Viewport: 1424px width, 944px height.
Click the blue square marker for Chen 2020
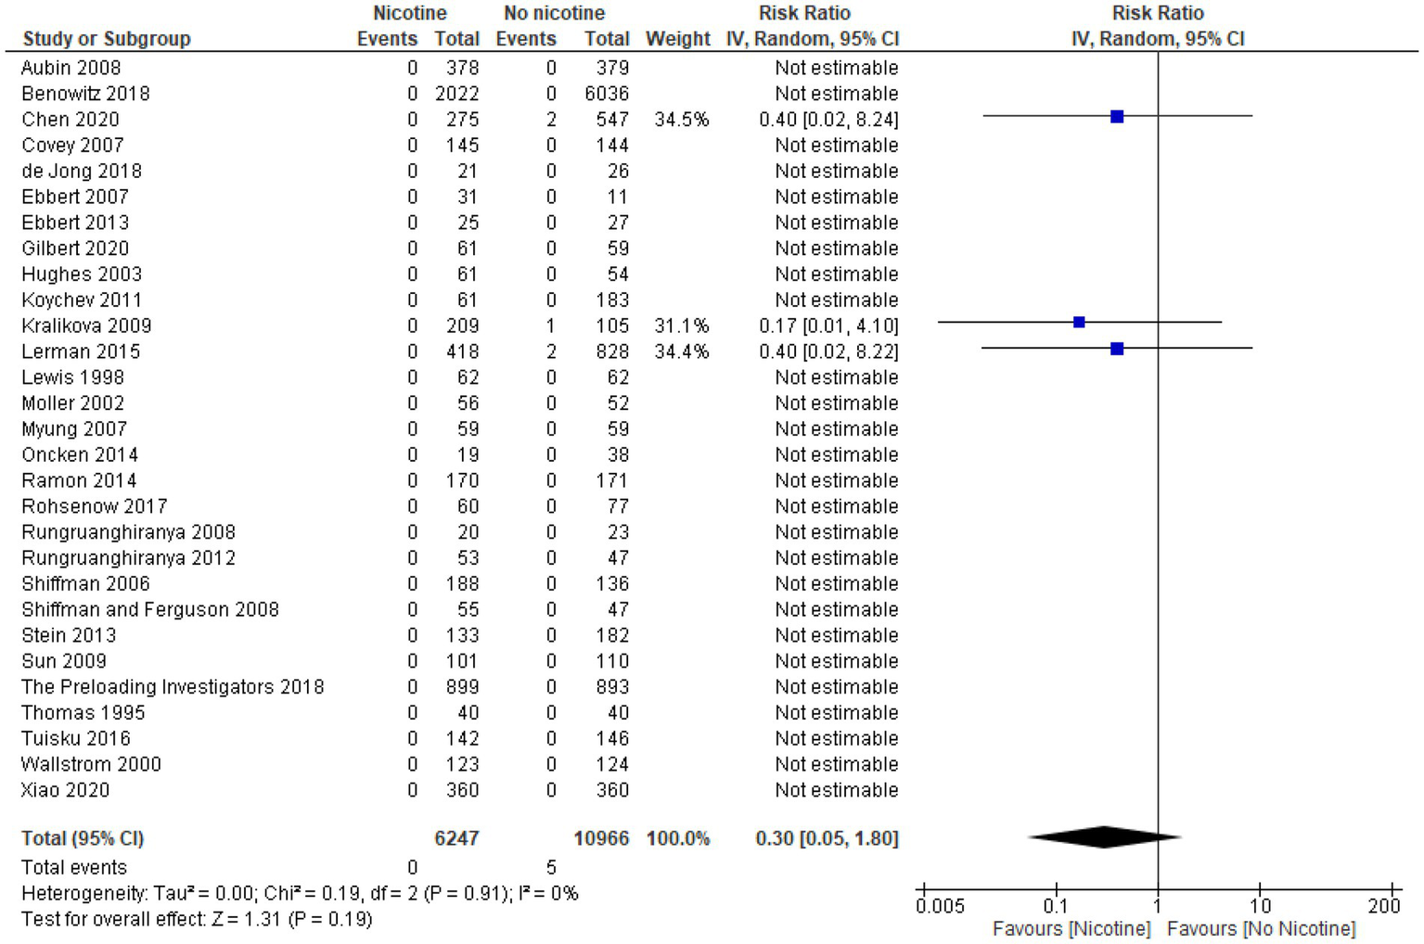pos(1117,117)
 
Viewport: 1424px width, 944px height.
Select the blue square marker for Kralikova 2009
pos(1079,323)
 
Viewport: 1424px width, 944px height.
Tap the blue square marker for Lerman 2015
pos(1117,349)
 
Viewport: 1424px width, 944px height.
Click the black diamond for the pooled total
pos(1104,837)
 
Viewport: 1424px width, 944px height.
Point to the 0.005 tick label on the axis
pos(940,906)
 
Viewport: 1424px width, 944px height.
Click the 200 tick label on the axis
pos(1384,906)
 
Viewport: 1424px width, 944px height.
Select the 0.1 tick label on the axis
pos(1056,906)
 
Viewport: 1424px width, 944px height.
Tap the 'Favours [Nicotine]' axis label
pos(1071,929)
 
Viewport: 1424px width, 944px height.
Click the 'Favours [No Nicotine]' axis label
pos(1261,929)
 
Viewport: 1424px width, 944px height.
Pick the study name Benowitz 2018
pos(85,94)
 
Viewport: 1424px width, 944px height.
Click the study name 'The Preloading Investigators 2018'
pos(173,687)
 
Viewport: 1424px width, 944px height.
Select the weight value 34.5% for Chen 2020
pos(682,120)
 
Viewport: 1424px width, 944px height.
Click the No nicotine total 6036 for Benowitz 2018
pos(607,94)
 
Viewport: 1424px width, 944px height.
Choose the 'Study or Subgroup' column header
pos(107,39)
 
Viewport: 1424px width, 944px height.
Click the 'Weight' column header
pos(677,39)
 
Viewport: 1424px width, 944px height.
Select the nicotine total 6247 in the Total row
pos(456,838)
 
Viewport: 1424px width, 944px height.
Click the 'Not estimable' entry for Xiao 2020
pos(836,790)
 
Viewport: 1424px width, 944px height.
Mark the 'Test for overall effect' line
pos(197,919)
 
